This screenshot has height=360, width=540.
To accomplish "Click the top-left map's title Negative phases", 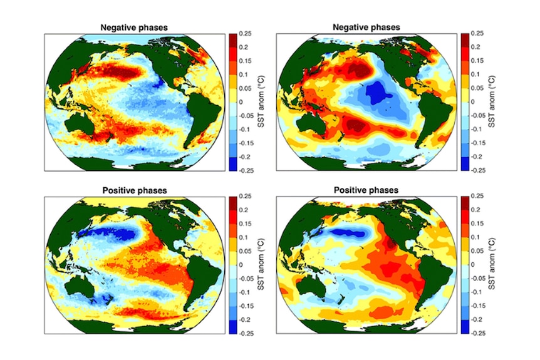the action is pyautogui.click(x=134, y=28).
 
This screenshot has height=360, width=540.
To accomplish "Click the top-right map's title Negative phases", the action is pyautogui.click(x=366, y=27).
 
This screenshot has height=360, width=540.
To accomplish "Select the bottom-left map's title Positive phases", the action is pyautogui.click(x=134, y=190).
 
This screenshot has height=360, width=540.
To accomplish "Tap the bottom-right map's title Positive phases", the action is pyautogui.click(x=366, y=190).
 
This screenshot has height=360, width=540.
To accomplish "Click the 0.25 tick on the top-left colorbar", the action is pyautogui.click(x=245, y=34).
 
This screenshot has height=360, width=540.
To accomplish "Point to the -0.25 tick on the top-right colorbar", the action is pyautogui.click(x=478, y=170).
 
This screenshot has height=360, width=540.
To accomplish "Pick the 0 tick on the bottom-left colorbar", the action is pyautogui.click(x=241, y=265).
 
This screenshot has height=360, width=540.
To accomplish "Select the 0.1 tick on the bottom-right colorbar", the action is pyautogui.click(x=475, y=237).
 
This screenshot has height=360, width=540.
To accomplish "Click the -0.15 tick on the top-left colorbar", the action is pyautogui.click(x=246, y=143).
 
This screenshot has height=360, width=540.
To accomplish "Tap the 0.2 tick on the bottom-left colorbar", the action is pyautogui.click(x=244, y=210).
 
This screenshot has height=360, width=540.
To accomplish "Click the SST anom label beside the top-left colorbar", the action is pyautogui.click(x=261, y=102).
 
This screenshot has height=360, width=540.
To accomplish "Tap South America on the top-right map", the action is pyautogui.click(x=435, y=115).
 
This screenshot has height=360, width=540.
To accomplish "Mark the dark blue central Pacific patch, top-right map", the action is pyautogui.click(x=378, y=92).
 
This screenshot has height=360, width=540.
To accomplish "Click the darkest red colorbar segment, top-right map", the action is pyautogui.click(x=465, y=40).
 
